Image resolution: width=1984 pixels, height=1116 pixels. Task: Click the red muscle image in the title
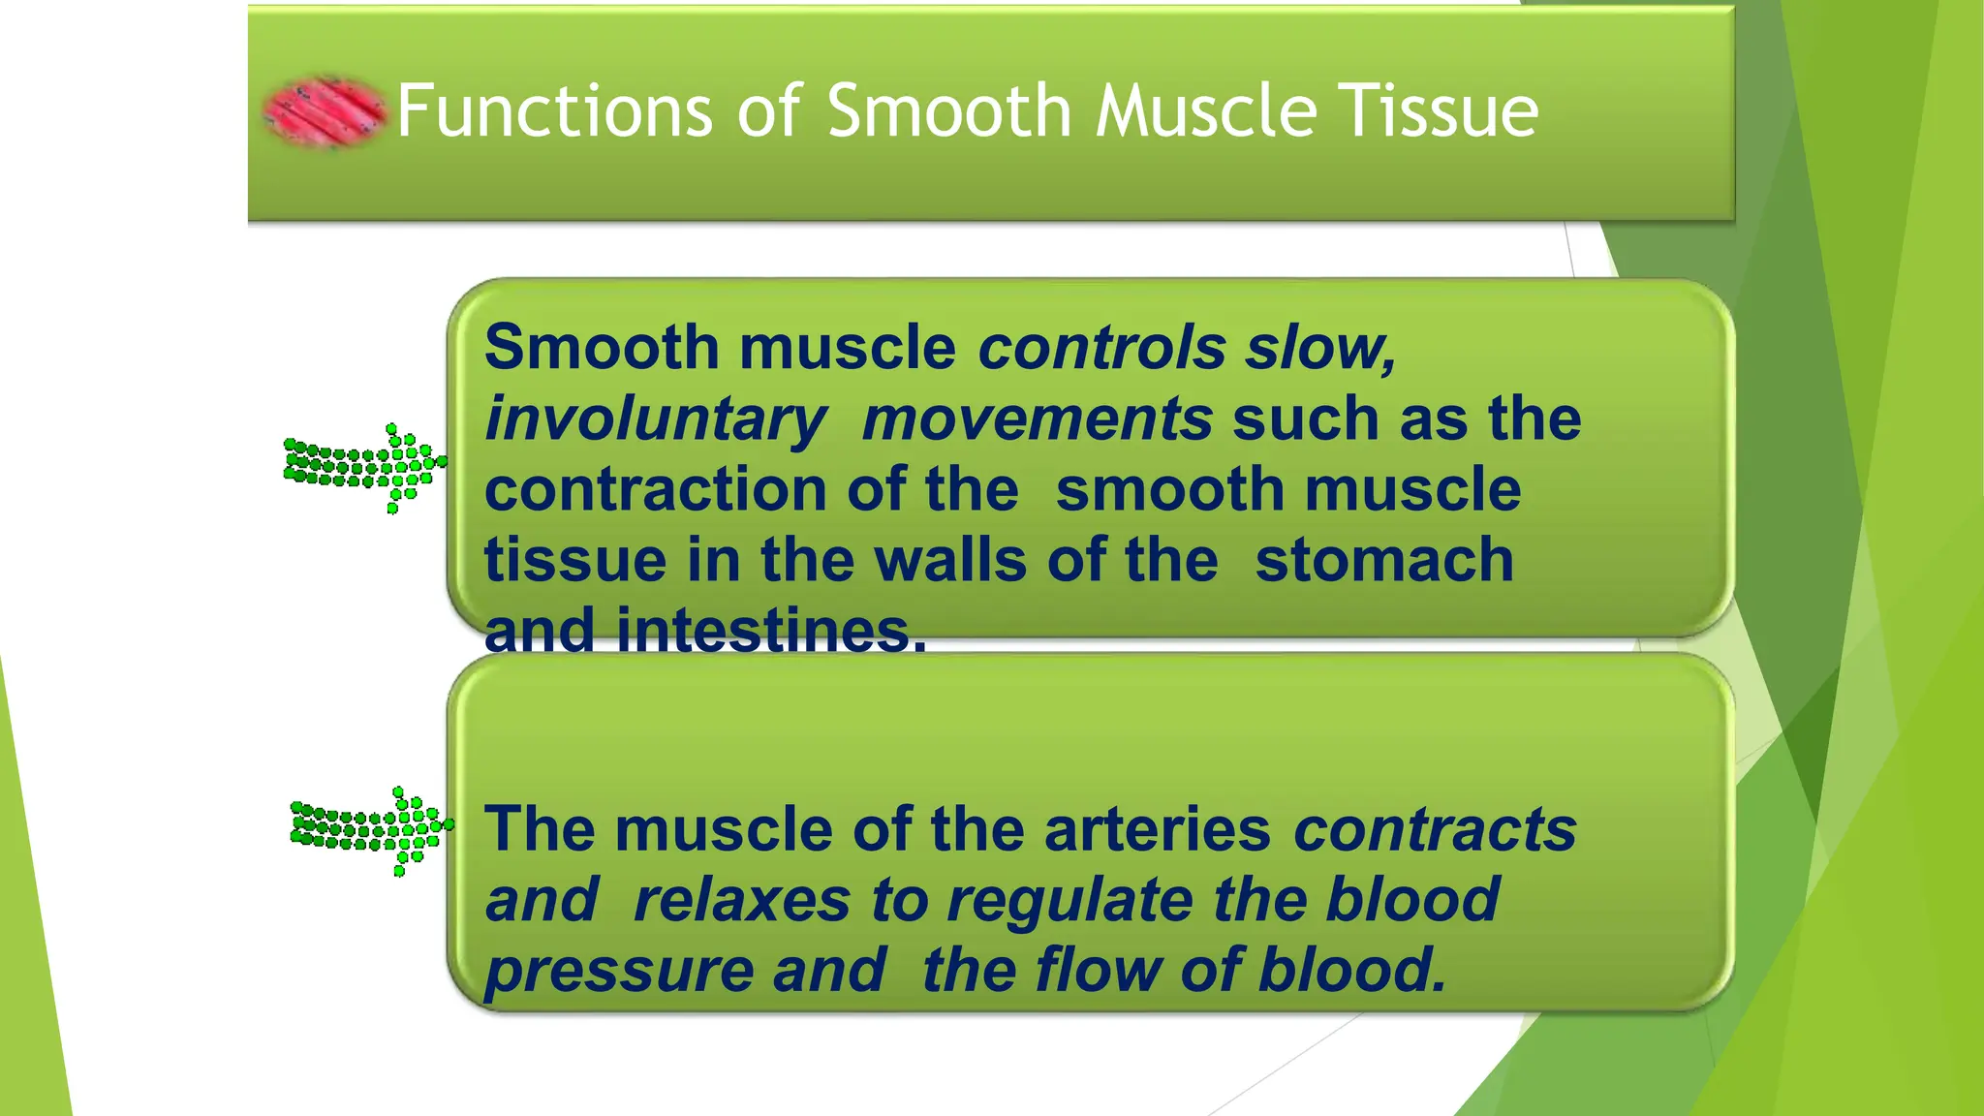tap(325, 111)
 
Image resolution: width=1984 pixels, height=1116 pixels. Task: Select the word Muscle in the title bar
tap(1207, 111)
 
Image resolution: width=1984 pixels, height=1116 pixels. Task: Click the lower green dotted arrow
tap(372, 829)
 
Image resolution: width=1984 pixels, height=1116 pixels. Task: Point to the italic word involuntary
tap(656, 419)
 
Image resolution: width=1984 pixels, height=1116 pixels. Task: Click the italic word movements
tap(1037, 419)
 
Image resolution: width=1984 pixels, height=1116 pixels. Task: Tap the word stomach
tap(1383, 561)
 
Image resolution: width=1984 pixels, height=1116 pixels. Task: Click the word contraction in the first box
tap(654, 490)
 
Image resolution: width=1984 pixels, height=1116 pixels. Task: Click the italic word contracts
tap(1435, 830)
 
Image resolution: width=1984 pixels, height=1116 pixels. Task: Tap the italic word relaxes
tap(741, 901)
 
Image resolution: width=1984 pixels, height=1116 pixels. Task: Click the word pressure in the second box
tap(618, 972)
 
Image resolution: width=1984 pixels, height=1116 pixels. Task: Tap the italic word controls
tap(1101, 348)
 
